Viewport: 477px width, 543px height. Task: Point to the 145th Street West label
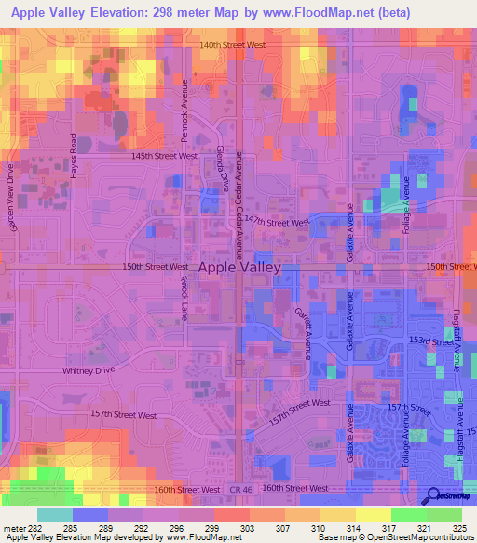(x=164, y=156)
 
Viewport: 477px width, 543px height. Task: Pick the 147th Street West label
(x=287, y=223)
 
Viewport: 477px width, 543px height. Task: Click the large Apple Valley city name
(x=240, y=266)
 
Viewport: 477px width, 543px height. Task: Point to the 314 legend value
(x=336, y=527)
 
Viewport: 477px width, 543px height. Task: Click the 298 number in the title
(x=199, y=14)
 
